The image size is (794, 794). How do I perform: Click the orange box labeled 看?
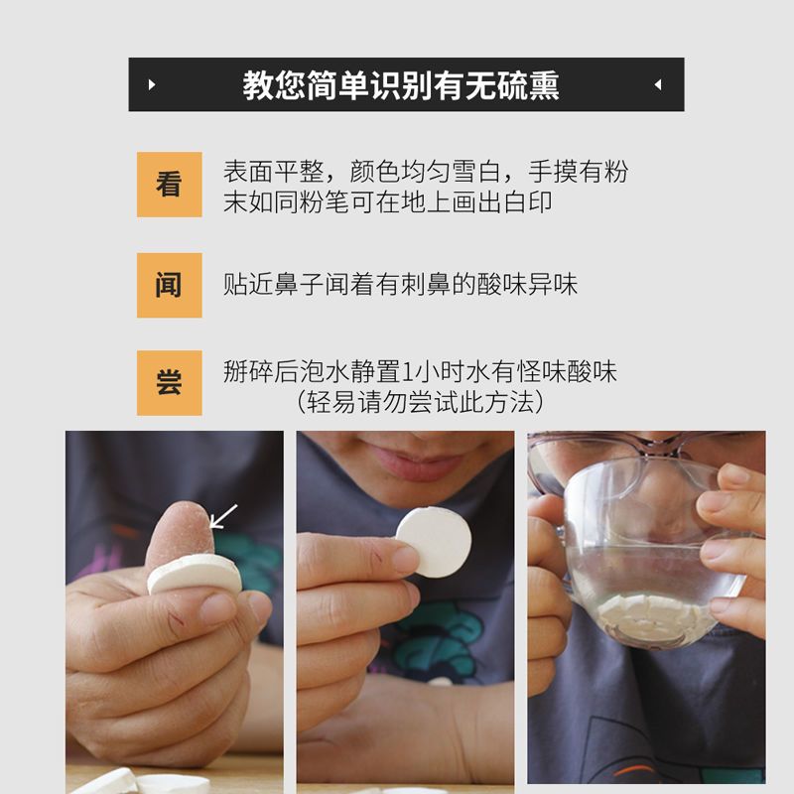pos(169,185)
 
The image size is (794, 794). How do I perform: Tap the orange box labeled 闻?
pos(169,285)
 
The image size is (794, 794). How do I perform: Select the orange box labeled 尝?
pos(169,383)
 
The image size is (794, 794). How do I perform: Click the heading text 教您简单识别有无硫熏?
pos(401,85)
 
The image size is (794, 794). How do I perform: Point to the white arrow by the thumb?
pos(223,516)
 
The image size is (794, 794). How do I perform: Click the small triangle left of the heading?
pos(152,84)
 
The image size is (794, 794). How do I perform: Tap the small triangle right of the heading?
pos(658,84)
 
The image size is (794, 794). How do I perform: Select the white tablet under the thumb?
pos(195,575)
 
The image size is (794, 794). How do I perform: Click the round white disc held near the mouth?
pos(434,542)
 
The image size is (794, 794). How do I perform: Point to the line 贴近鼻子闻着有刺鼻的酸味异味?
pos(401,284)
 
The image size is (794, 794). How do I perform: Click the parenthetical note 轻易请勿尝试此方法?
pos(420,403)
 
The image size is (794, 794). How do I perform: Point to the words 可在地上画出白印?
pos(452,202)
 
